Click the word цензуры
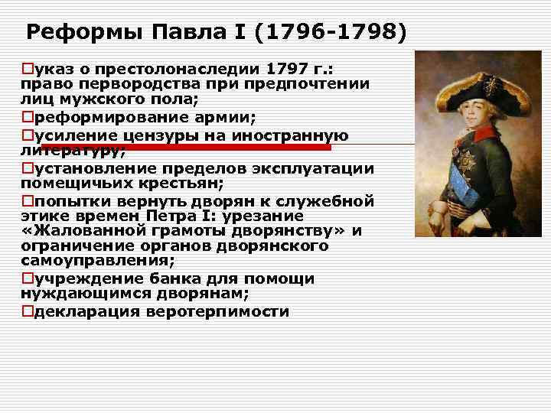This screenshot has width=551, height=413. pyautogui.click(x=166, y=135)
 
